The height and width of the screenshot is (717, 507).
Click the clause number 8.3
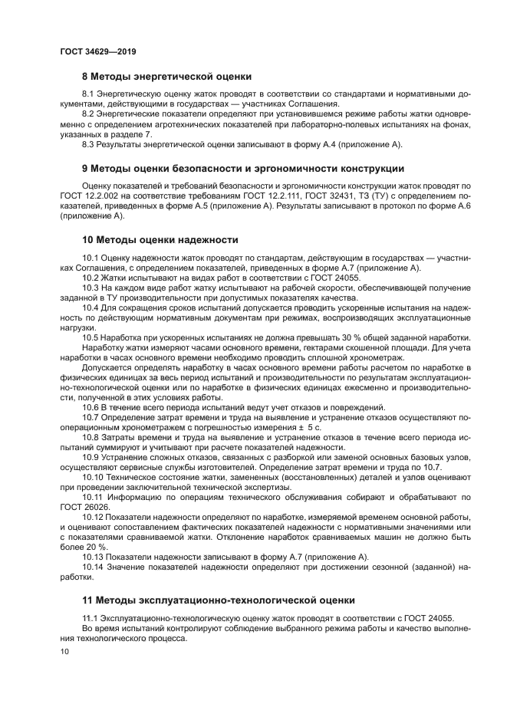90,144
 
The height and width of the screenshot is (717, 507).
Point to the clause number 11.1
91,618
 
